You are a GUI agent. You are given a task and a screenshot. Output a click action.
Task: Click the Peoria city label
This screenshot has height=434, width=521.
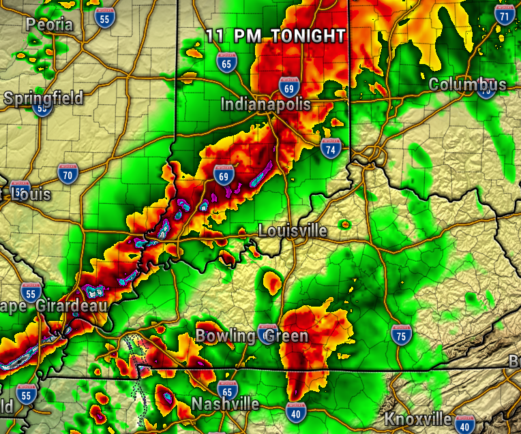[x=49, y=25]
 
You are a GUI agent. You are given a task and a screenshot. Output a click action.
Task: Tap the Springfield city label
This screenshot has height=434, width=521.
[x=44, y=97]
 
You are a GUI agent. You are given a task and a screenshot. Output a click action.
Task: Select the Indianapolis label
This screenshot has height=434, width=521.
[x=265, y=104]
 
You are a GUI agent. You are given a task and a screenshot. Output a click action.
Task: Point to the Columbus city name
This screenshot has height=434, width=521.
[x=468, y=84]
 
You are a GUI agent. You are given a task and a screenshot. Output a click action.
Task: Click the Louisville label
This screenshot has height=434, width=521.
[x=293, y=231]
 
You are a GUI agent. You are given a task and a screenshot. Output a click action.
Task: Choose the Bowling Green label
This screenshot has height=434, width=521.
[x=252, y=336]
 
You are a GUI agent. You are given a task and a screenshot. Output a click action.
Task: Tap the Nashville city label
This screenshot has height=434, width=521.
[x=226, y=404]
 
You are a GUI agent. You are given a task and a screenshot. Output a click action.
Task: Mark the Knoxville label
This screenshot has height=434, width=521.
[x=419, y=418]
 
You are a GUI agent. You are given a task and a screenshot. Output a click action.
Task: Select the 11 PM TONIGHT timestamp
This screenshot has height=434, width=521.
[x=276, y=35]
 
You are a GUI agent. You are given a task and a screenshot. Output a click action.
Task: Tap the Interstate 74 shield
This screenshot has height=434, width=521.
[x=331, y=148]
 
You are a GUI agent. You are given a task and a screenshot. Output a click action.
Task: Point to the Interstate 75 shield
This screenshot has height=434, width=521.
[x=401, y=333]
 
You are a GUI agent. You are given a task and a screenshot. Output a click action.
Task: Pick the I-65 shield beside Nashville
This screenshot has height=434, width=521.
[x=228, y=390]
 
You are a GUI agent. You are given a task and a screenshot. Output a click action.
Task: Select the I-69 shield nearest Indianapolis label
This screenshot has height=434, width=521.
[x=288, y=87]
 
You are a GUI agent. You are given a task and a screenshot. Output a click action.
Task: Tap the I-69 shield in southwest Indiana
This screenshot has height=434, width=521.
[x=223, y=174]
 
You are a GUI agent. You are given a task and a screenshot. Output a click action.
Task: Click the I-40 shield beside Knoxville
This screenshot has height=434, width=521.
[x=465, y=423]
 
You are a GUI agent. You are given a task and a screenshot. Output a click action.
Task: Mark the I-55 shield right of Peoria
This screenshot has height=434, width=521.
[x=104, y=18]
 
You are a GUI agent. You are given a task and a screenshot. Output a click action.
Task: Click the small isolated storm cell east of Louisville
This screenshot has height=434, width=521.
[x=344, y=223]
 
